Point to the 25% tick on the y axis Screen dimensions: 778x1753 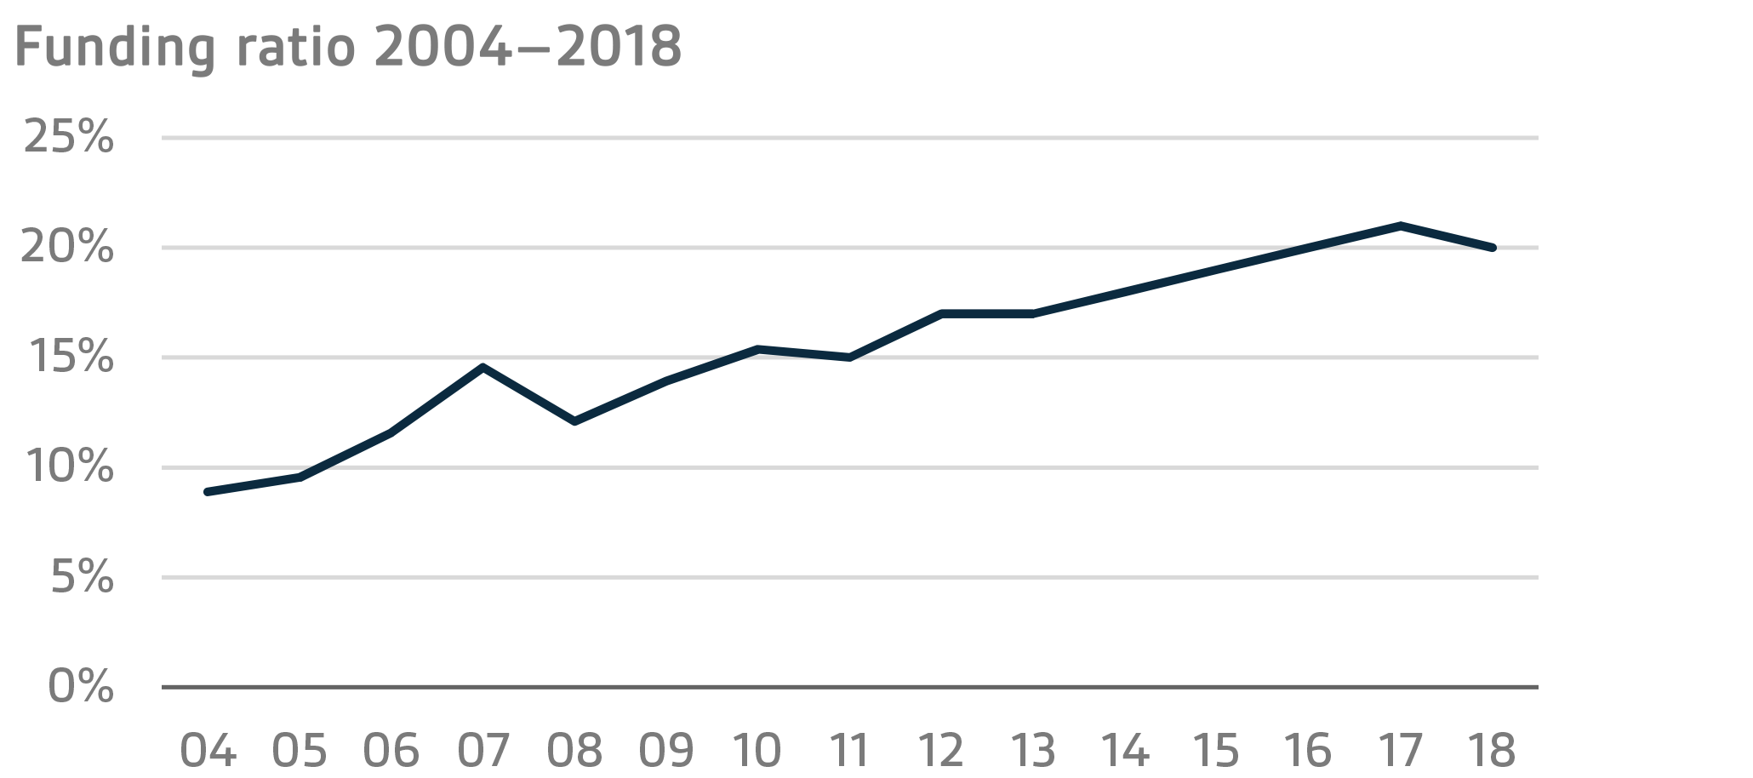[68, 137]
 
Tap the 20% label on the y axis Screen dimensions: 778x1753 [68, 248]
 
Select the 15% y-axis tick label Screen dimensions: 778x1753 [71, 358]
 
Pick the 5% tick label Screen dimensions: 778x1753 [82, 578]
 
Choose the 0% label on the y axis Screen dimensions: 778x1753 [81, 686]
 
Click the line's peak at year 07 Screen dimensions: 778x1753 [483, 368]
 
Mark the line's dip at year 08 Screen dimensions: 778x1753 [575, 421]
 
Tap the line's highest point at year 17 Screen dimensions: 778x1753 [1400, 226]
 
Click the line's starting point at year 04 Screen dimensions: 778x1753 [208, 492]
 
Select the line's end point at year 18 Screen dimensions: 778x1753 [1492, 248]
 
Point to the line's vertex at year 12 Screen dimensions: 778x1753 [942, 314]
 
